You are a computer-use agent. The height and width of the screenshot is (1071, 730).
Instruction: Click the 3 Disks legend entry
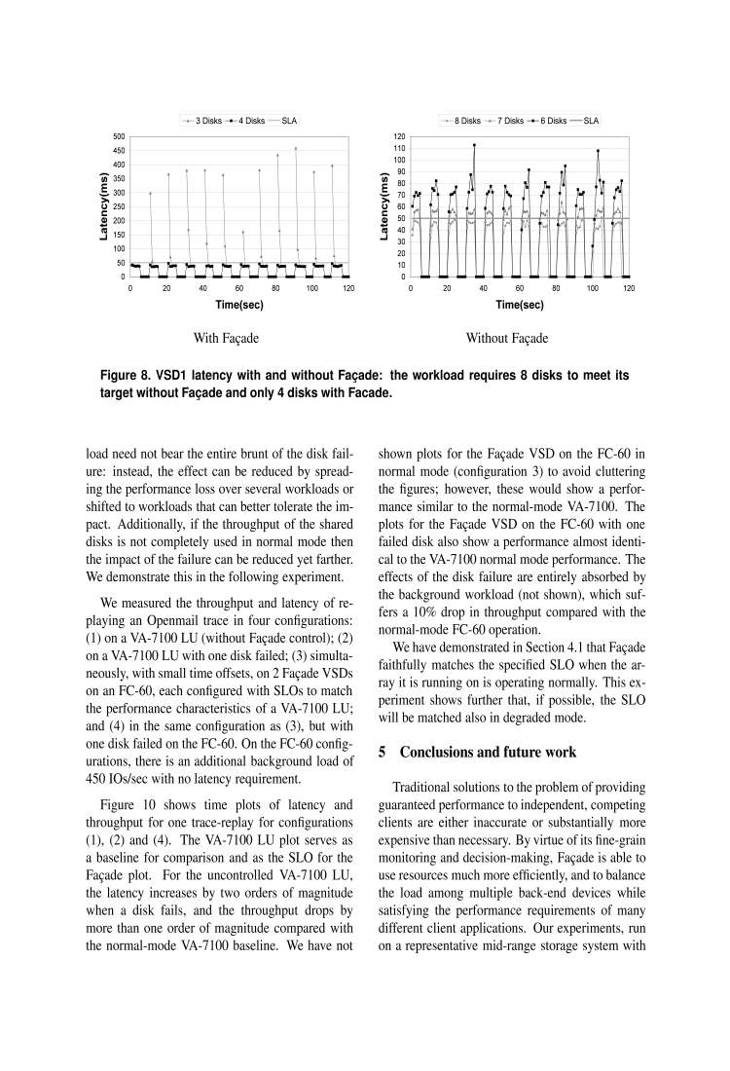pos(203,121)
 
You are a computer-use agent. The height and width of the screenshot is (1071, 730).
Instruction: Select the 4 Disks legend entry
pos(247,121)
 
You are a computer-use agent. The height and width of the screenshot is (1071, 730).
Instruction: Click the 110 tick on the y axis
pos(398,148)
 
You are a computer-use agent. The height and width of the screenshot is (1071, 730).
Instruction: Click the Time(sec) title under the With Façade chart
pos(239,305)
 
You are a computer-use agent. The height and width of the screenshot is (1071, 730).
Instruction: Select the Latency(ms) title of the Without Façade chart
pos(383,206)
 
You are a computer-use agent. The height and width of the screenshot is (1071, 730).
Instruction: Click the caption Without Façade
pos(506,339)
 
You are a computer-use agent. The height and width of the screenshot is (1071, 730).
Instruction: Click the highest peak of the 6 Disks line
pos(474,146)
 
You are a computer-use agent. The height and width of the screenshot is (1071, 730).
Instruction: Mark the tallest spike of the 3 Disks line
pos(296,149)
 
